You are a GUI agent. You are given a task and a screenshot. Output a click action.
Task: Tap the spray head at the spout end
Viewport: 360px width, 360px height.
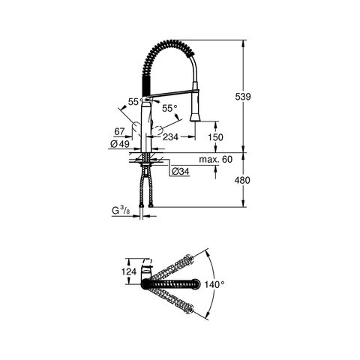pos(196,109)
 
